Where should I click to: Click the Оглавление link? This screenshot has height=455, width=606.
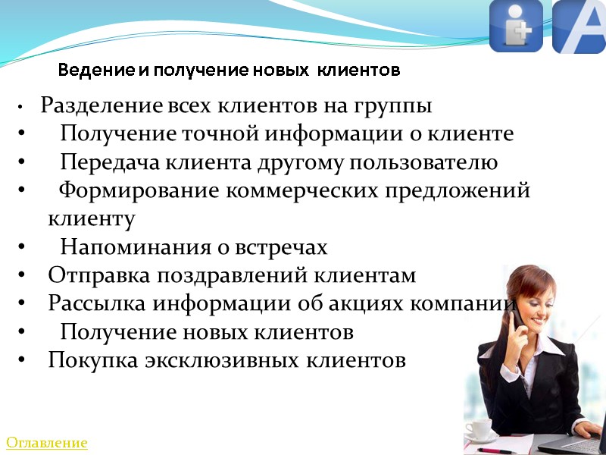(47, 442)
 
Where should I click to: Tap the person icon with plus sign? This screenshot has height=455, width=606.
(516, 27)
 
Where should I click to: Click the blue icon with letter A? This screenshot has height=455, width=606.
(579, 27)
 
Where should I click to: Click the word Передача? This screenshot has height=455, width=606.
(105, 162)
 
